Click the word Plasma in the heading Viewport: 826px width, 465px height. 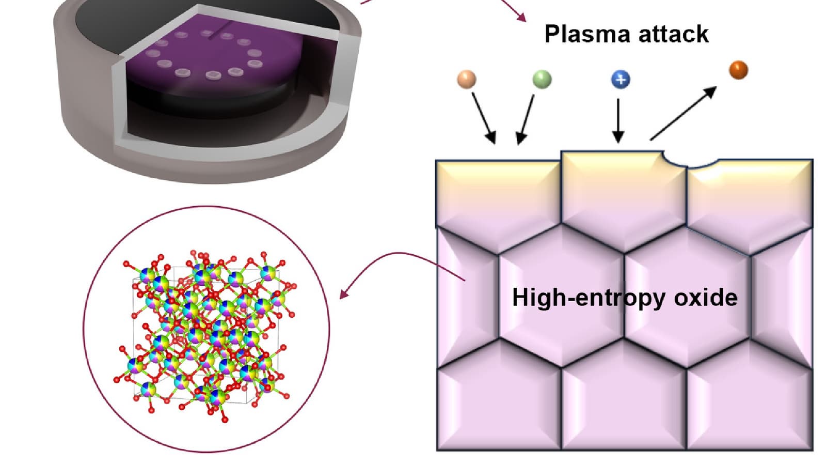587,34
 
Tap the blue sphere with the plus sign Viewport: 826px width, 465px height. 621,79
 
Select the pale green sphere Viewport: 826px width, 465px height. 542,79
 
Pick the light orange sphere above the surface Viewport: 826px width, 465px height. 467,79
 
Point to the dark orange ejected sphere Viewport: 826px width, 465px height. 738,70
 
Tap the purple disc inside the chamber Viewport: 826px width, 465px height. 206,62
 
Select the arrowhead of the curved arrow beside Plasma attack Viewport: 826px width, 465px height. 522,18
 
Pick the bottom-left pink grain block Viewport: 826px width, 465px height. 498,408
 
